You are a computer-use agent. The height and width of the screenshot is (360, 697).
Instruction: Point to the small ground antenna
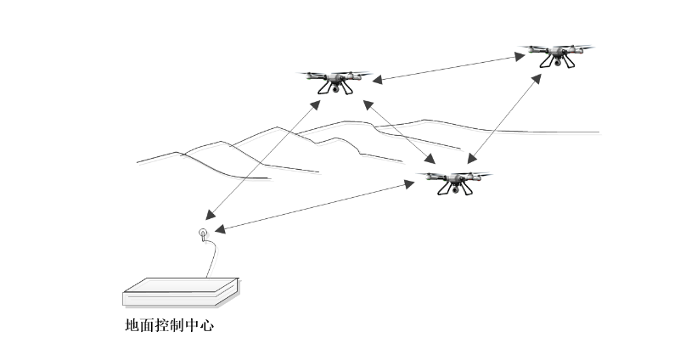pos(202,233)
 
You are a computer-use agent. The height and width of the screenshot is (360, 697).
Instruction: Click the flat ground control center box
pos(181,292)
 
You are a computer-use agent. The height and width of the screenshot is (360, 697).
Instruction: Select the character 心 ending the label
pos(206,325)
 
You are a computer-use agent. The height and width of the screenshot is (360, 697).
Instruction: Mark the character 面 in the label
pos(149,325)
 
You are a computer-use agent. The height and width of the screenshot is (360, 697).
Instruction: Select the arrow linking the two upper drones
pos(450,68)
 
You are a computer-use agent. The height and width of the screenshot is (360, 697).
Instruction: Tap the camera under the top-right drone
pos(558,61)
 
